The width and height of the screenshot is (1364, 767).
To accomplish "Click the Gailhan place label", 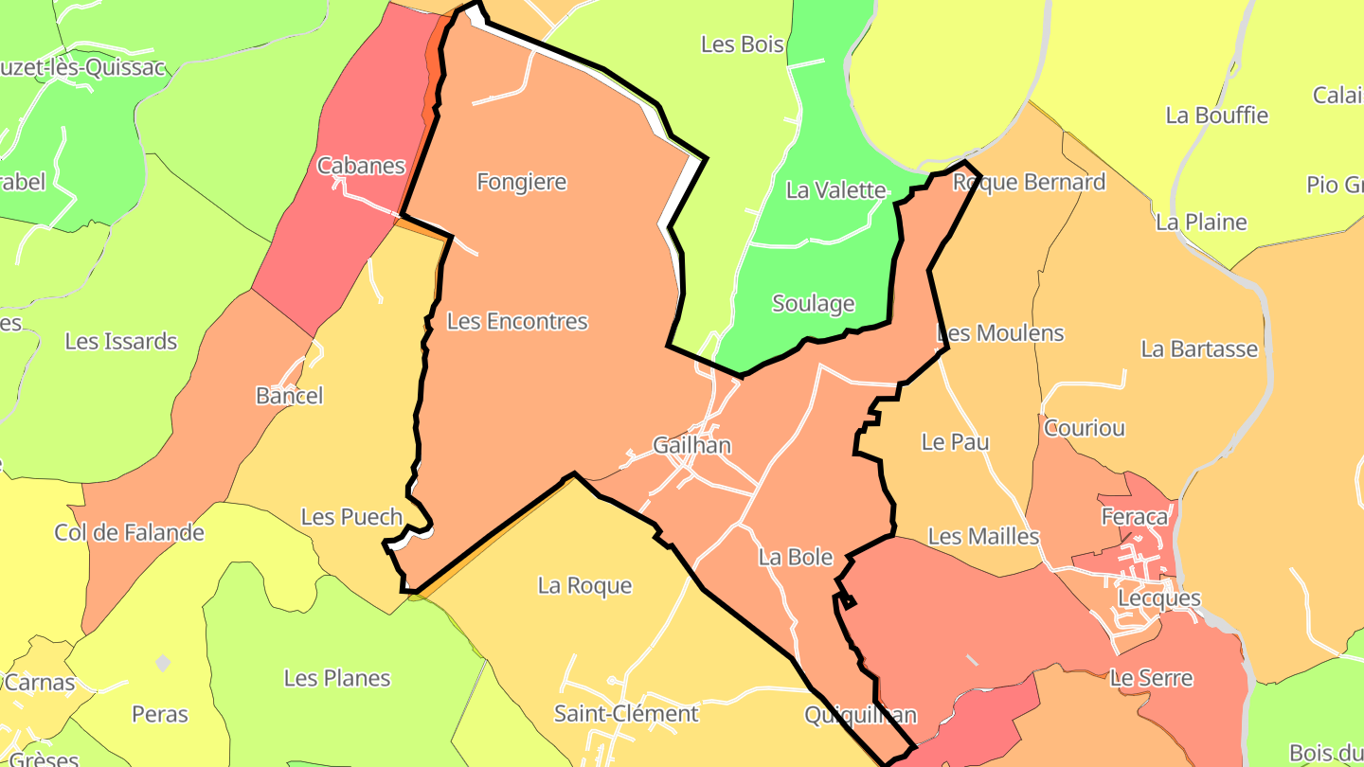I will pos(691,445).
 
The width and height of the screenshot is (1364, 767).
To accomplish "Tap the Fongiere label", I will pos(521,182).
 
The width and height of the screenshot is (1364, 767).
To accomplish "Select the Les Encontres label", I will pos(517,322).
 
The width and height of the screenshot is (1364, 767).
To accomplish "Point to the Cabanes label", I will pos(361,167).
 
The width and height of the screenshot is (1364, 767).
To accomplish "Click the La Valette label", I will pos(835,190).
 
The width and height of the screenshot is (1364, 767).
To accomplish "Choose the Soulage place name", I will pos(814,304).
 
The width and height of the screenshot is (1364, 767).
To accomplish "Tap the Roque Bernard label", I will pos(1029,182).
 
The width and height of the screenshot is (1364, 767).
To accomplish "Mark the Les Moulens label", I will pos(1000,333).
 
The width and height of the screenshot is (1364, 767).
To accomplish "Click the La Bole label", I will pos(796,558).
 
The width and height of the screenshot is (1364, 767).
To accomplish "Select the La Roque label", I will pos(584,586).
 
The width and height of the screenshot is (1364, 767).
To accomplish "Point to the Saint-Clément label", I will pos(626,714).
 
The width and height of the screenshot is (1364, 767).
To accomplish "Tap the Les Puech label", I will pos(351,517).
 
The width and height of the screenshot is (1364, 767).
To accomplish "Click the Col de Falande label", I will pos(129,533).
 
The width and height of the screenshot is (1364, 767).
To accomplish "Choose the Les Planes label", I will pos(337,679).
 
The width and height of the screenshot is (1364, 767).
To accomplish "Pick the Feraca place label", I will pos(1135,517).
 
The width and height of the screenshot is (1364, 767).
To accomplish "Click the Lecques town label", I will pos(1159,599).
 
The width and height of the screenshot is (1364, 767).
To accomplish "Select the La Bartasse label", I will pos(1199,349).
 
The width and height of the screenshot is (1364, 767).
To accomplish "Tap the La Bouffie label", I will pos(1217,116).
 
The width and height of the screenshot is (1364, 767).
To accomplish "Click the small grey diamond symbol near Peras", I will pos(163,663).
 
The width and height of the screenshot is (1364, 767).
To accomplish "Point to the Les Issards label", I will pos(121,342).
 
